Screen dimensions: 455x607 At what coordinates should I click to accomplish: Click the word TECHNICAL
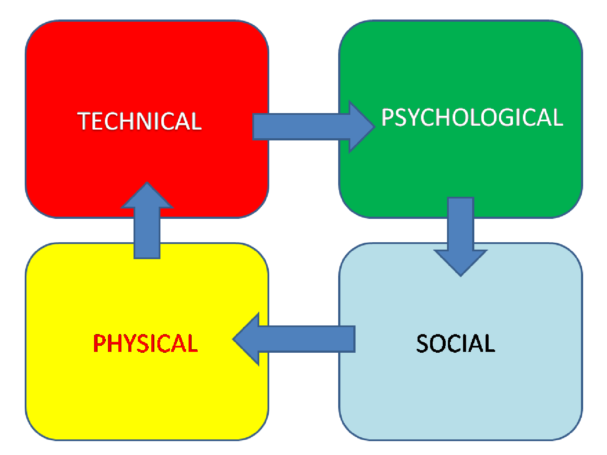pos(140,121)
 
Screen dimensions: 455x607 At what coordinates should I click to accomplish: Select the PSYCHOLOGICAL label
pos(472,117)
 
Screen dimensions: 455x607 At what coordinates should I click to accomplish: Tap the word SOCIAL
pos(455,344)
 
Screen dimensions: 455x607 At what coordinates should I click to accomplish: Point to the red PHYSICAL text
pos(145,344)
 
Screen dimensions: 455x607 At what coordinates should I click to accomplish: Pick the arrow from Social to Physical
pos(299,339)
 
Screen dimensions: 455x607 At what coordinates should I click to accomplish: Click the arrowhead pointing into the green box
pos(361,127)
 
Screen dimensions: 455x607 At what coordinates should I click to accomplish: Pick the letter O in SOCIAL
pos(440,344)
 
